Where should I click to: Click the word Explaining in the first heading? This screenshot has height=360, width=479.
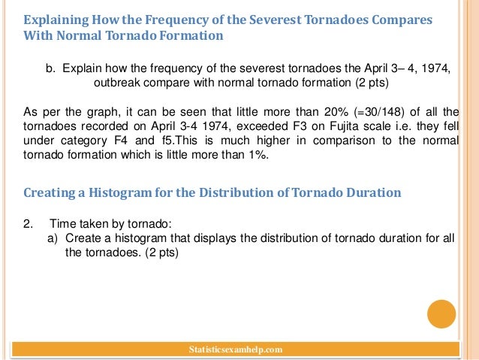[55, 20]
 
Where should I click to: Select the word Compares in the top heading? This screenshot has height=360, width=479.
[402, 20]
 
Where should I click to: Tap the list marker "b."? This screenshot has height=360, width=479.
[51, 68]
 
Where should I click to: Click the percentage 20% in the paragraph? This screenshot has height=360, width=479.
[303, 112]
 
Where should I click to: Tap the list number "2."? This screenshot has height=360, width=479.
[29, 224]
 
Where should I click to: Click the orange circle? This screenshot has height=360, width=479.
[441, 314]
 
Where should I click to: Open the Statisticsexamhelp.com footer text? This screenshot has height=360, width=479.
[237, 349]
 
